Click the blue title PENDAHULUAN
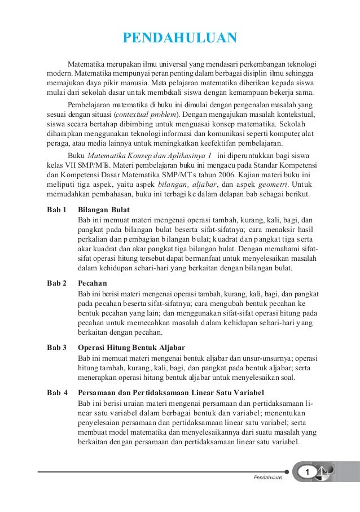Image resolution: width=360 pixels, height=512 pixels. pyautogui.click(x=180, y=38)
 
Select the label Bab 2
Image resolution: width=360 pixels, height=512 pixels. pyautogui.click(x=56, y=282)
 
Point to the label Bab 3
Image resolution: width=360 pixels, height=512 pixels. pyautogui.click(x=56, y=346)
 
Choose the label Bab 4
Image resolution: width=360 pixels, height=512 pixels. pyautogui.click(x=56, y=393)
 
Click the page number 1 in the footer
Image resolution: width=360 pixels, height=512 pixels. pyautogui.click(x=308, y=471)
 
